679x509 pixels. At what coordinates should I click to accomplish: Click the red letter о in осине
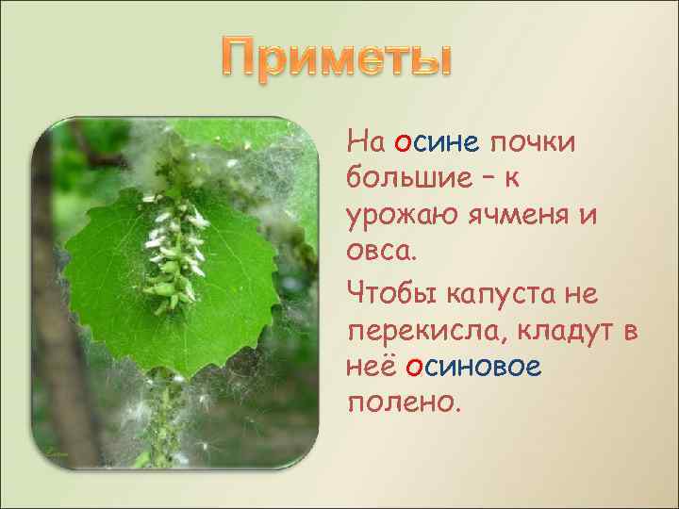click(x=402, y=143)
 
